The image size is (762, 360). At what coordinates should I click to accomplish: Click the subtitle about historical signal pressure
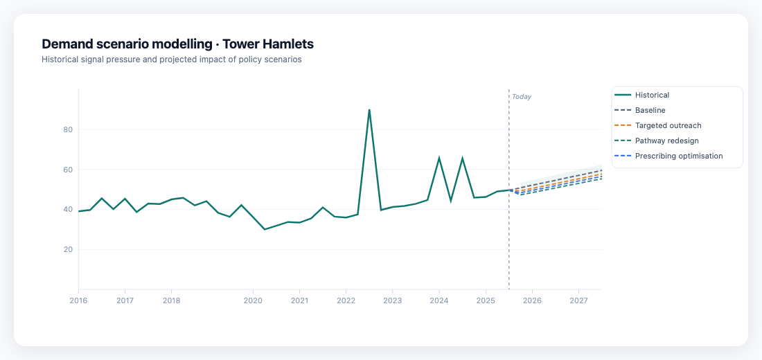coord(171,60)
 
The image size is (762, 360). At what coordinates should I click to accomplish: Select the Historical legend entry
coord(652,95)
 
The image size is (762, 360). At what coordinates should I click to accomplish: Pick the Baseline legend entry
coord(650,110)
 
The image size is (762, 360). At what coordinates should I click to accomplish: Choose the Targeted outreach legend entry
coord(668,125)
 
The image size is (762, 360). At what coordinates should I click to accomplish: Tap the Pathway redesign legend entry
coord(666,141)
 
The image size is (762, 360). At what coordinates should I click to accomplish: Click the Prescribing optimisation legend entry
coord(678,156)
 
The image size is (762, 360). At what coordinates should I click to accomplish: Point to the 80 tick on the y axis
coord(67,129)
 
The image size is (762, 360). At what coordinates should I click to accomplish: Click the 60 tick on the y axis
coord(67,170)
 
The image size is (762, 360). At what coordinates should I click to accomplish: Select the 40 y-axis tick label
coord(67,209)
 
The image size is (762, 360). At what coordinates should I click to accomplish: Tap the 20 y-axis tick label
coord(67,249)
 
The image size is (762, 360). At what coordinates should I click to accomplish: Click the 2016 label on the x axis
coord(78,300)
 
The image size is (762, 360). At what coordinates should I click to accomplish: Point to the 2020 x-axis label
coord(253,300)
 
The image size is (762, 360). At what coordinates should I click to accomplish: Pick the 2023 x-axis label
coord(392,300)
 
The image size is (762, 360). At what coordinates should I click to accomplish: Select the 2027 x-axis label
coord(578,300)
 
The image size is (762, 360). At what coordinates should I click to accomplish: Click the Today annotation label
coord(522,97)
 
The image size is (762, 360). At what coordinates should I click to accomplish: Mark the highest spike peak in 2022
coord(369,109)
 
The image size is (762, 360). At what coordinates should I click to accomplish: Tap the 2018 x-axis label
coord(171,300)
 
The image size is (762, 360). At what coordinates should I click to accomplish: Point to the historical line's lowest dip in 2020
coord(265,229)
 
